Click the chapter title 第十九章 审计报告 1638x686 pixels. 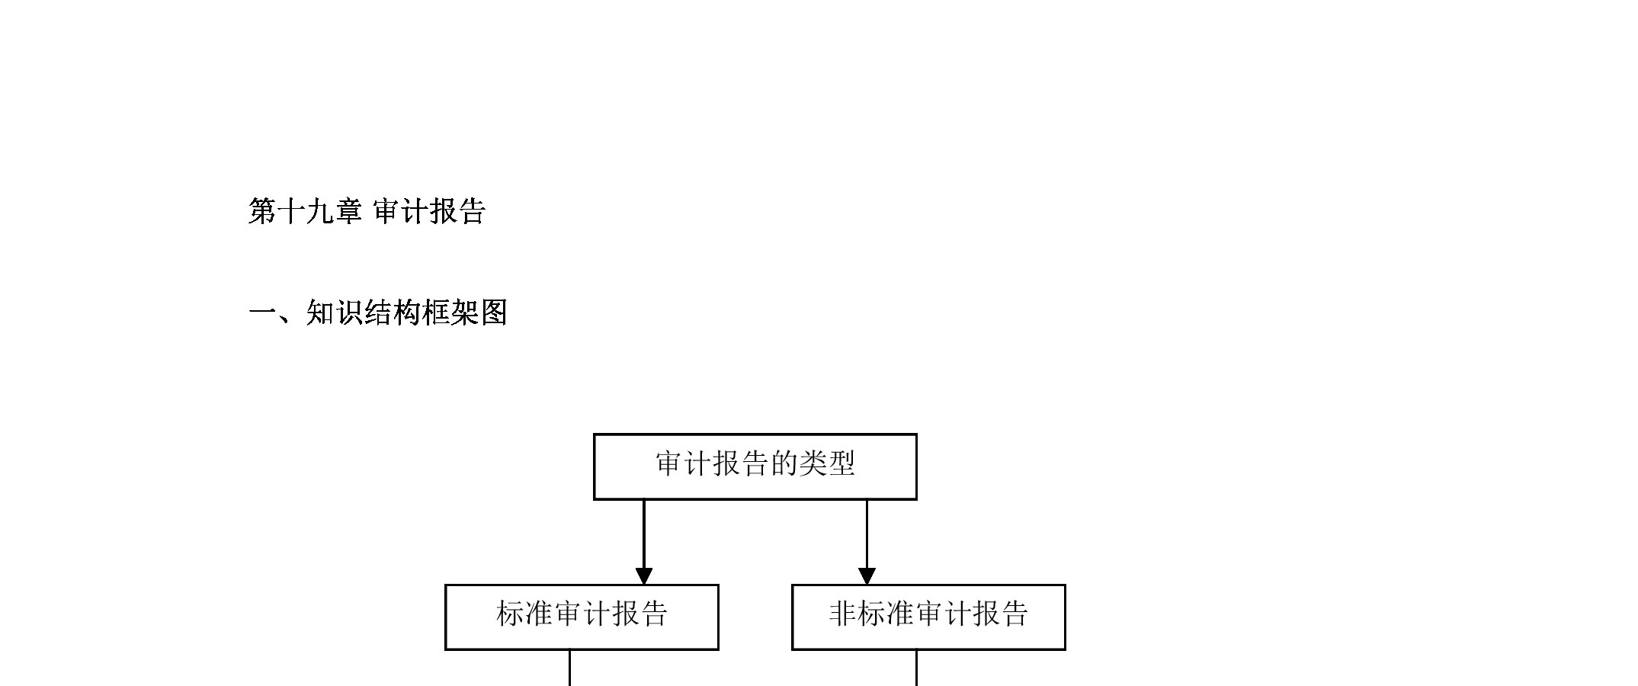367,212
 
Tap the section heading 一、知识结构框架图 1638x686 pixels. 378,313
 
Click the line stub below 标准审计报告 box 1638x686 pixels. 569,668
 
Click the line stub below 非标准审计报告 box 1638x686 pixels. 916,668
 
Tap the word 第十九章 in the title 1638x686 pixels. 305,212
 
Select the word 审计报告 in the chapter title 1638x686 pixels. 429,212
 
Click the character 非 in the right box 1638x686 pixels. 842,614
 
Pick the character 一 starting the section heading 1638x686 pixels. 262,313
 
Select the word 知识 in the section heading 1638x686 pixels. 335,313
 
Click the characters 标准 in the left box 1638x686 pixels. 524,614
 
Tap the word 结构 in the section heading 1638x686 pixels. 393,313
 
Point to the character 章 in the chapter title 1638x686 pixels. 348,212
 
